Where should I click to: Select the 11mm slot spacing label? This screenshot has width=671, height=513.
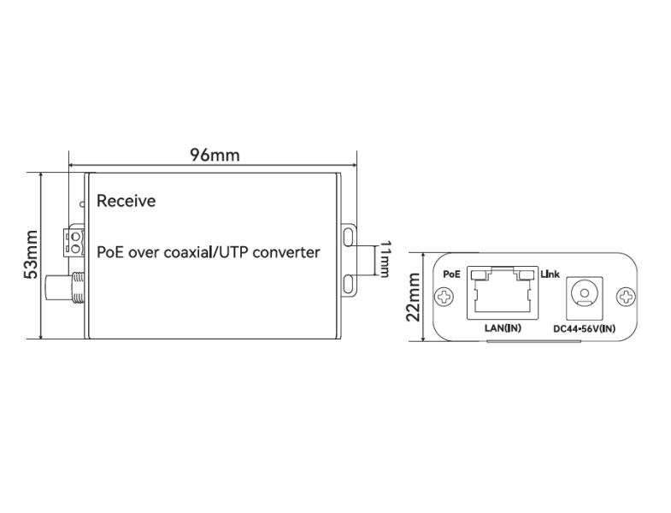click(x=385, y=259)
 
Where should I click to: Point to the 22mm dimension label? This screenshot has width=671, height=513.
click(x=414, y=296)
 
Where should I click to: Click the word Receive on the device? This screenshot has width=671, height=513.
click(x=126, y=202)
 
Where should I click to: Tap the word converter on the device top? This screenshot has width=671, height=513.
click(x=279, y=252)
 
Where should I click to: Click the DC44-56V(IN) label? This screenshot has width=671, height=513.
click(x=585, y=328)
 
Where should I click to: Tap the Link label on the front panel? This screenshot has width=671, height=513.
click(x=549, y=274)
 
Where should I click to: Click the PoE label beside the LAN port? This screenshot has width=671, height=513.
click(x=453, y=274)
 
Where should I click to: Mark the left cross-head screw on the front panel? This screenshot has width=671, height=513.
click(x=443, y=298)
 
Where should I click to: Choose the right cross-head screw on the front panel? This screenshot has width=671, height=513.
click(x=627, y=298)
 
